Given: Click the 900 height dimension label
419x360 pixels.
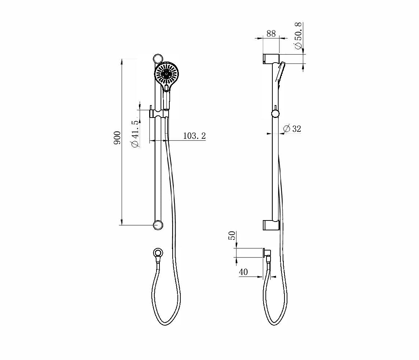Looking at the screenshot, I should (117, 137).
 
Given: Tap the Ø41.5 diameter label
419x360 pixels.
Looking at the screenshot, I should (135, 134).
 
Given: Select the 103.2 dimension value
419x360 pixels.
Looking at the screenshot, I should (194, 136).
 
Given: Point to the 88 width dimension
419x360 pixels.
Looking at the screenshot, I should (271, 33).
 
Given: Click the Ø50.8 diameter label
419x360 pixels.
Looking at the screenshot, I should (298, 36).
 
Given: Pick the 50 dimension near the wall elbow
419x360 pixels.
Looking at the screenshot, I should (232, 235).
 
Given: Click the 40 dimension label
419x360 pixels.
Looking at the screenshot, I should (243, 272).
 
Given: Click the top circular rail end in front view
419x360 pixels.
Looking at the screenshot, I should (158, 59).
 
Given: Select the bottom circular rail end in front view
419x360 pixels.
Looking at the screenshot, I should (158, 225).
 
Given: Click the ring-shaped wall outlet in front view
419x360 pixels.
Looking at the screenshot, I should (158, 253).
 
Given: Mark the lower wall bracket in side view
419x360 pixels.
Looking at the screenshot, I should (271, 225).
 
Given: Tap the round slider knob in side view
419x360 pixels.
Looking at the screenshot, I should (275, 114).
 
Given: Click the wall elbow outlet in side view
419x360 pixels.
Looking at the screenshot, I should (267, 253).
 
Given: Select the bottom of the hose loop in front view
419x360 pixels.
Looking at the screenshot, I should (166, 324).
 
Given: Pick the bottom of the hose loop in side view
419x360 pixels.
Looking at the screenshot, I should (276, 324).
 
